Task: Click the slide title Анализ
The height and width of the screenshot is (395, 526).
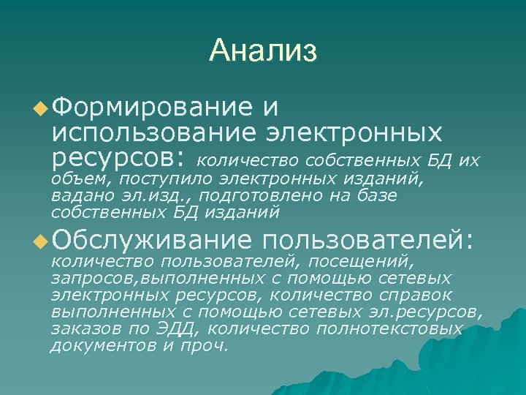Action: pyautogui.click(x=262, y=51)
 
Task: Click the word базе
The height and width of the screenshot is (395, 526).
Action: pyautogui.click(x=376, y=196)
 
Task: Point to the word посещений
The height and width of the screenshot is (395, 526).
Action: pyautogui.click(x=362, y=260)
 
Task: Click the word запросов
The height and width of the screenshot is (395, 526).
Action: pyautogui.click(x=94, y=279)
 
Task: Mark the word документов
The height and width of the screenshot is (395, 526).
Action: pyautogui.click(x=102, y=345)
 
